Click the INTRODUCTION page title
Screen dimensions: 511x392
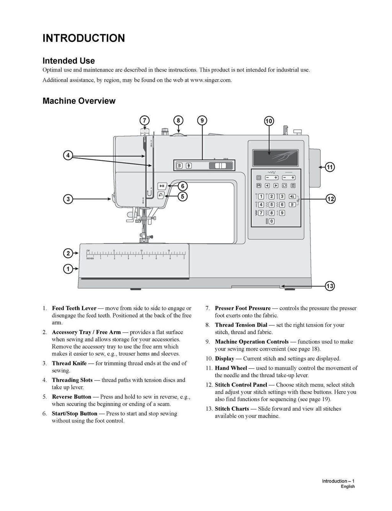[83, 38]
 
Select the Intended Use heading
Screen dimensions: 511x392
[69, 61]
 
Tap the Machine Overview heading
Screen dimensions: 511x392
[79, 101]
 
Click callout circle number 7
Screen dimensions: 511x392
[144, 121]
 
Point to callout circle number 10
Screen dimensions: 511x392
[269, 121]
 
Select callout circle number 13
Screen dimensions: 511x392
[330, 286]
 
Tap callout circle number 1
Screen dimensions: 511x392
[68, 269]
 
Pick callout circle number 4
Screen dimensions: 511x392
[68, 155]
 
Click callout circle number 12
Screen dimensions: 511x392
[330, 199]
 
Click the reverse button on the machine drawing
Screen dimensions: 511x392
[161, 195]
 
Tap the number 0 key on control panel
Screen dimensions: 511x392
[271, 221]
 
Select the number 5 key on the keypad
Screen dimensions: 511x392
[271, 205]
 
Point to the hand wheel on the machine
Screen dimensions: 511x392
[314, 168]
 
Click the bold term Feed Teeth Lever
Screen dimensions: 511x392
[74, 308]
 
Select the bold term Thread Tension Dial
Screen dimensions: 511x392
[241, 325]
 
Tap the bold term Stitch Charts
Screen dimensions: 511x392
[232, 409]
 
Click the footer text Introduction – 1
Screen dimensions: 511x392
[338, 481]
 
